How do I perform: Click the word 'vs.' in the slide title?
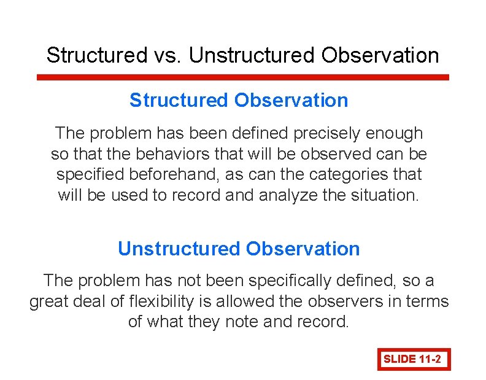point(167,55)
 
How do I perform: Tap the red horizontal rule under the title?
point(243,78)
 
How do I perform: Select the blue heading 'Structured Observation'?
point(239,101)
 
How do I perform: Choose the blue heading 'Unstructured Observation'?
point(239,249)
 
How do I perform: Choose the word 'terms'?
point(426,301)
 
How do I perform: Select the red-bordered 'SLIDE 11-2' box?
point(414,359)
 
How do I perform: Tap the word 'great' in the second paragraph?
point(50,301)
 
